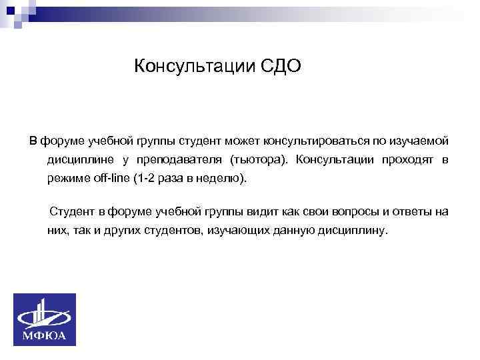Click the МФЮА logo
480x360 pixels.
tap(45, 319)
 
